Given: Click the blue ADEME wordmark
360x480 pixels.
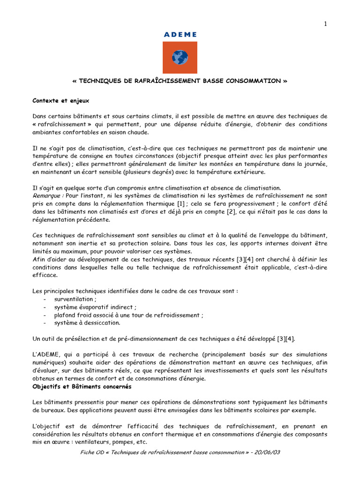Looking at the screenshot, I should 180,35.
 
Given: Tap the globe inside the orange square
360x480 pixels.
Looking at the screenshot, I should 180,58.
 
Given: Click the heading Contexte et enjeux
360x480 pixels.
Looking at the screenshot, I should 60,100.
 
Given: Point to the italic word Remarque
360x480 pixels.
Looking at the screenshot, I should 48,195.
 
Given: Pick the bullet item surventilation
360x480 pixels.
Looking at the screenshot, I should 75,299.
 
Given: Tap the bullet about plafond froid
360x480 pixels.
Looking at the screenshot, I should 128,315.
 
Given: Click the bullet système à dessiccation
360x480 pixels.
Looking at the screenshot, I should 87,323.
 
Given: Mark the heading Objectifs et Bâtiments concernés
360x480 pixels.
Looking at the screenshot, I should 82,386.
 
